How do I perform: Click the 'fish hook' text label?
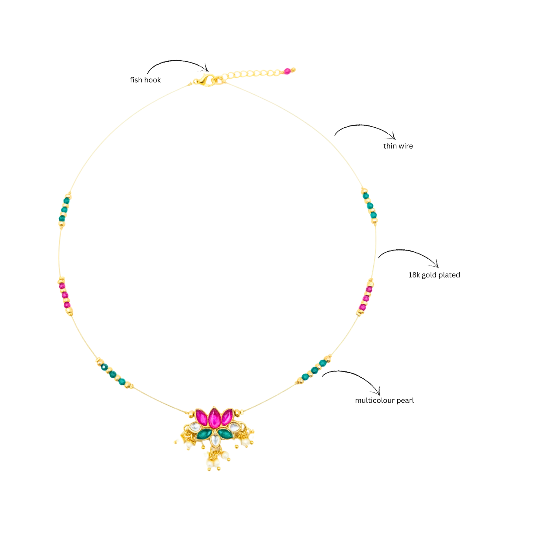145,80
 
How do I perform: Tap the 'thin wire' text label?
398,146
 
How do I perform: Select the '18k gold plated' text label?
434,275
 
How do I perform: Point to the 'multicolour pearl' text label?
385,400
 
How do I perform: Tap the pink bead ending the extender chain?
287,71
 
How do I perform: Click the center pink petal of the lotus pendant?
214,417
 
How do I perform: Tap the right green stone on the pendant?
225,434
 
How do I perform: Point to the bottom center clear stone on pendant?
215,440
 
